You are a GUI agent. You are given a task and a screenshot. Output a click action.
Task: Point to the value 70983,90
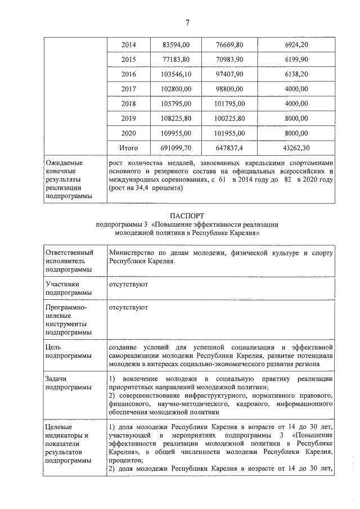[229, 59]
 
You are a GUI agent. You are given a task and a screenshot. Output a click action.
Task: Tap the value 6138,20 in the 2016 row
[296, 74]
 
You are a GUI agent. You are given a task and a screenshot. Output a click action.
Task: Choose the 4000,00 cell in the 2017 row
[296, 89]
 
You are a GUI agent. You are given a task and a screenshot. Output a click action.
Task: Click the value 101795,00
[229, 103]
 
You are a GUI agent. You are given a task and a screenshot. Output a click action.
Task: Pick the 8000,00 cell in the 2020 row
[296, 133]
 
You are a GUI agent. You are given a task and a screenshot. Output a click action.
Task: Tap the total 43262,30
[296, 147]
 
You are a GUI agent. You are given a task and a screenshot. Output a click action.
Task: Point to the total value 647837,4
[229, 147]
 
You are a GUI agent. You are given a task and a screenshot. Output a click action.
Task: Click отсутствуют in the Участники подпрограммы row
[128, 285]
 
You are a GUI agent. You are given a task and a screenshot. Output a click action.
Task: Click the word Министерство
[134, 253]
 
